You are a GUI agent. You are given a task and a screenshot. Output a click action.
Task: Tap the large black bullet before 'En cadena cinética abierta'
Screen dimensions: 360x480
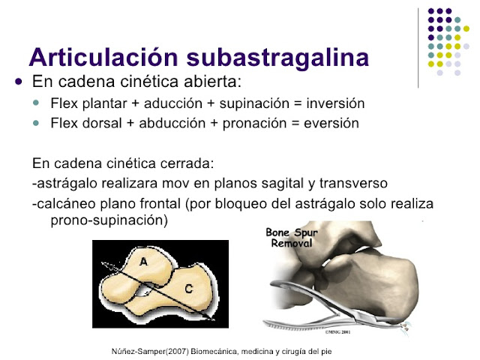19,81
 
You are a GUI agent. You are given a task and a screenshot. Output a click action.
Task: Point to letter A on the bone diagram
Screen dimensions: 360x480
144,260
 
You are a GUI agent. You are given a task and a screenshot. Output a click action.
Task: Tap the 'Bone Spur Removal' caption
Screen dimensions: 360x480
292,238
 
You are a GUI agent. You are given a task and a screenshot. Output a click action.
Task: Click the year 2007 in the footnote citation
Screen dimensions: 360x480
164,351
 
